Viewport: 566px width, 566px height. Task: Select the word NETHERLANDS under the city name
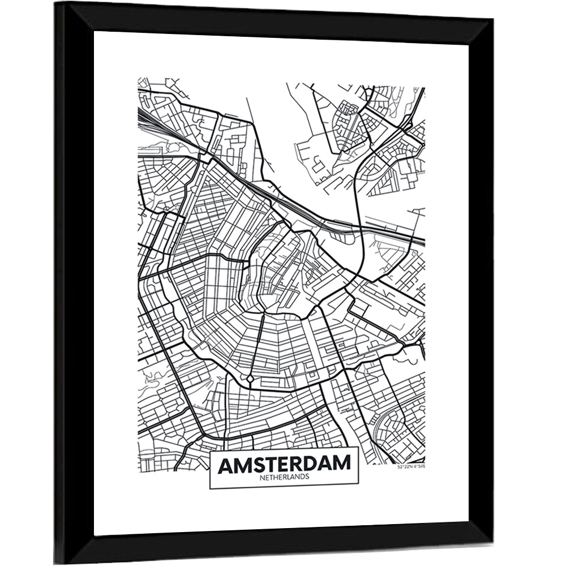[x=284, y=477]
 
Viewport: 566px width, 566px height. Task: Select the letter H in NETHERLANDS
[x=276, y=477]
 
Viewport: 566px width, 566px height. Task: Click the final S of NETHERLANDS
[x=307, y=477]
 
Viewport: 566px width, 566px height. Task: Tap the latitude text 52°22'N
[x=405, y=467]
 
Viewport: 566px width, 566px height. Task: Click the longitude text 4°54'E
[x=418, y=467]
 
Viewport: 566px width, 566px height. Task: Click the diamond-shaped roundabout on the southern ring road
[x=249, y=378]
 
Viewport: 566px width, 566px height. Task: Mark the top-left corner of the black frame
[x=56, y=3]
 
